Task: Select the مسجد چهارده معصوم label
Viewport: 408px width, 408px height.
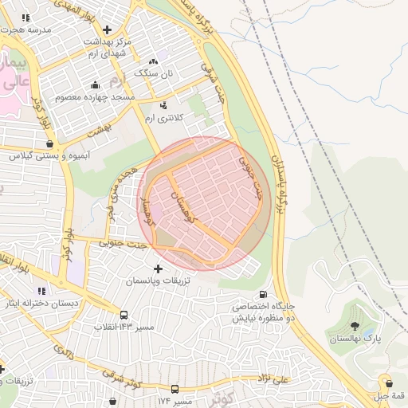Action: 95,97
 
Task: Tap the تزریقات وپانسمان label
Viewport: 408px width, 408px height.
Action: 157,282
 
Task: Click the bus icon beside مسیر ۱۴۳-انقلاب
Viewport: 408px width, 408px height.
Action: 124,315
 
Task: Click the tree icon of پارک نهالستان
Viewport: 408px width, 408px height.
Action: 355,326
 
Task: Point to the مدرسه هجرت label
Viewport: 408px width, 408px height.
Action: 29,29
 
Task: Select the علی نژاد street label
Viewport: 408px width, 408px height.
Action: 273,381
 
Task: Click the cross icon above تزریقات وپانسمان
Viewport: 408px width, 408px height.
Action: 157,269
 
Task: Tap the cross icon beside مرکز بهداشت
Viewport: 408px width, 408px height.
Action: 107,29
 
